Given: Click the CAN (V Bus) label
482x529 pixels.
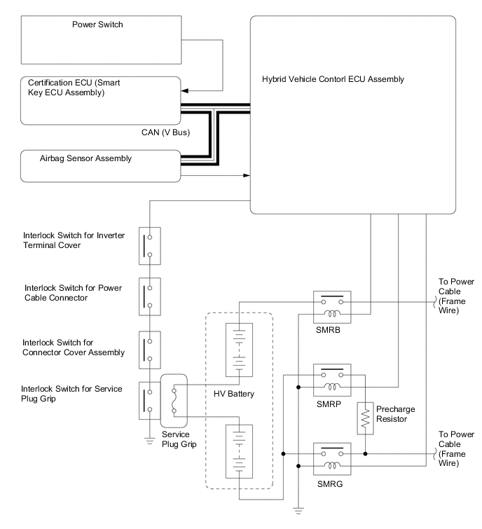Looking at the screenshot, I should [x=163, y=130].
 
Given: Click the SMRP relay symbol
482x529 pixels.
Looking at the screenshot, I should [x=333, y=380].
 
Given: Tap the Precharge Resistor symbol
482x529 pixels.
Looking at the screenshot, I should [x=365, y=418].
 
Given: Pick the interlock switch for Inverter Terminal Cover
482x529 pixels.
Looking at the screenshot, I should [x=149, y=244].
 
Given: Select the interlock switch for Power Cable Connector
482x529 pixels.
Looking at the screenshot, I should [x=149, y=295].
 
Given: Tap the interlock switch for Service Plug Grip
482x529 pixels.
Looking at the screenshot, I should [x=149, y=400].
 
